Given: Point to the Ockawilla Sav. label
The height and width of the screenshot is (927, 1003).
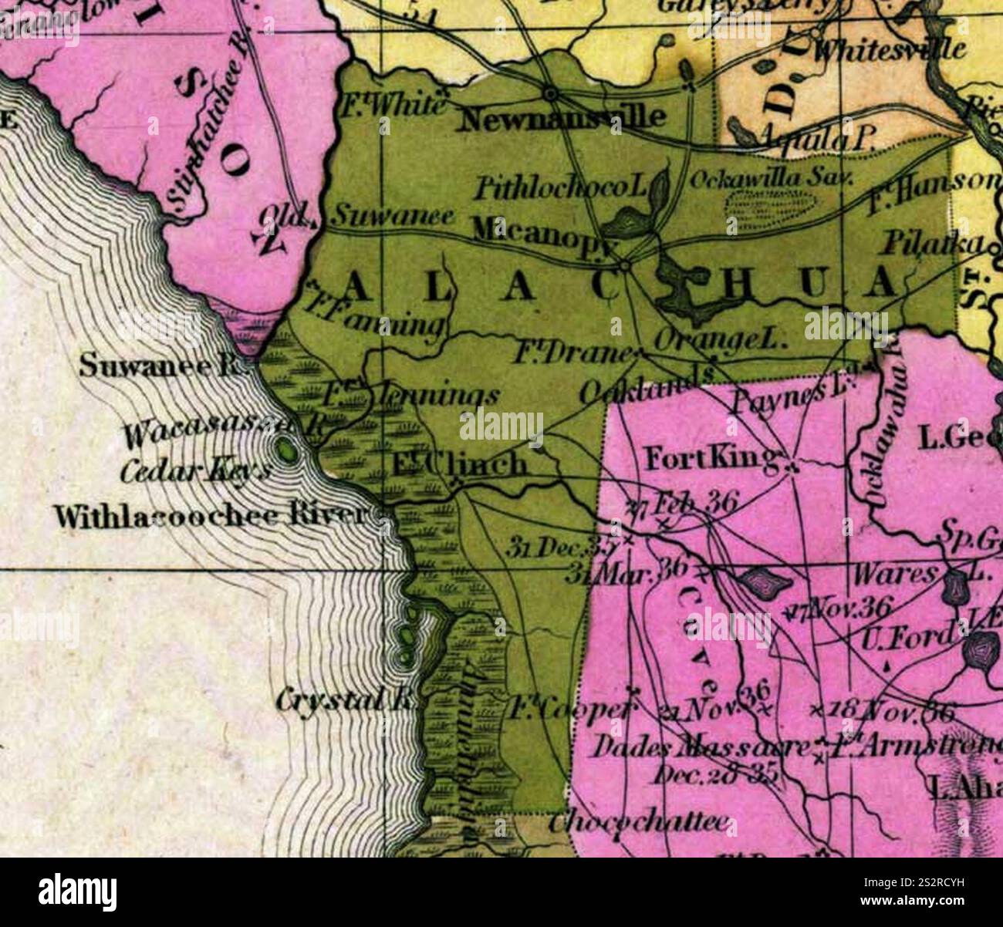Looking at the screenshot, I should tap(768, 178).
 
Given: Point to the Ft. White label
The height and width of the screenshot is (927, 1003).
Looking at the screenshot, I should tap(393, 104).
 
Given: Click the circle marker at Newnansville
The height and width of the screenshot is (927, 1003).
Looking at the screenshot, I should tap(550, 93).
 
